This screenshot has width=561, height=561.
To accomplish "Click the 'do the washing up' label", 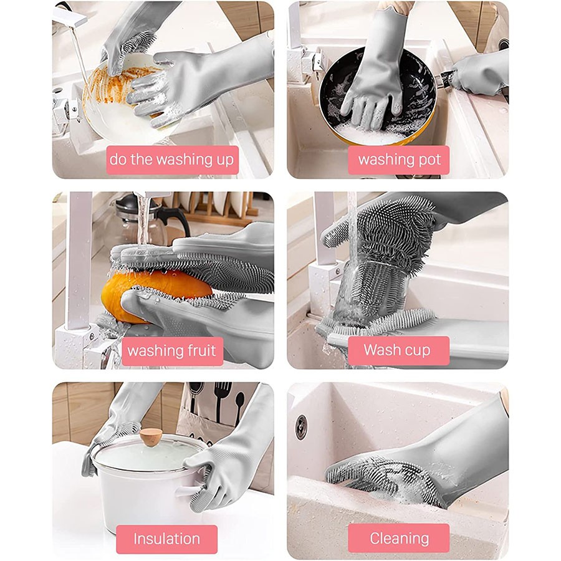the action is tap(172, 160).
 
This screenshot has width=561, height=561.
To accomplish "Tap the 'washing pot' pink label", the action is tap(398, 160).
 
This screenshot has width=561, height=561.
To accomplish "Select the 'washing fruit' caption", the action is tap(172, 351).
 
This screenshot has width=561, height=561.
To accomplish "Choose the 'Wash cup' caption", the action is tap(398, 350).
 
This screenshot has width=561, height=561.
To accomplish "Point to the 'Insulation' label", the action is tap(166, 539).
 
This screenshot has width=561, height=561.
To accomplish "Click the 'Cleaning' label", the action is tap(398, 539).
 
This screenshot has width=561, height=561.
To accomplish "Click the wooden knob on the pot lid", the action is tap(151, 437).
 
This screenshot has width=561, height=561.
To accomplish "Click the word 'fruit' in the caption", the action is tap(202, 350).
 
